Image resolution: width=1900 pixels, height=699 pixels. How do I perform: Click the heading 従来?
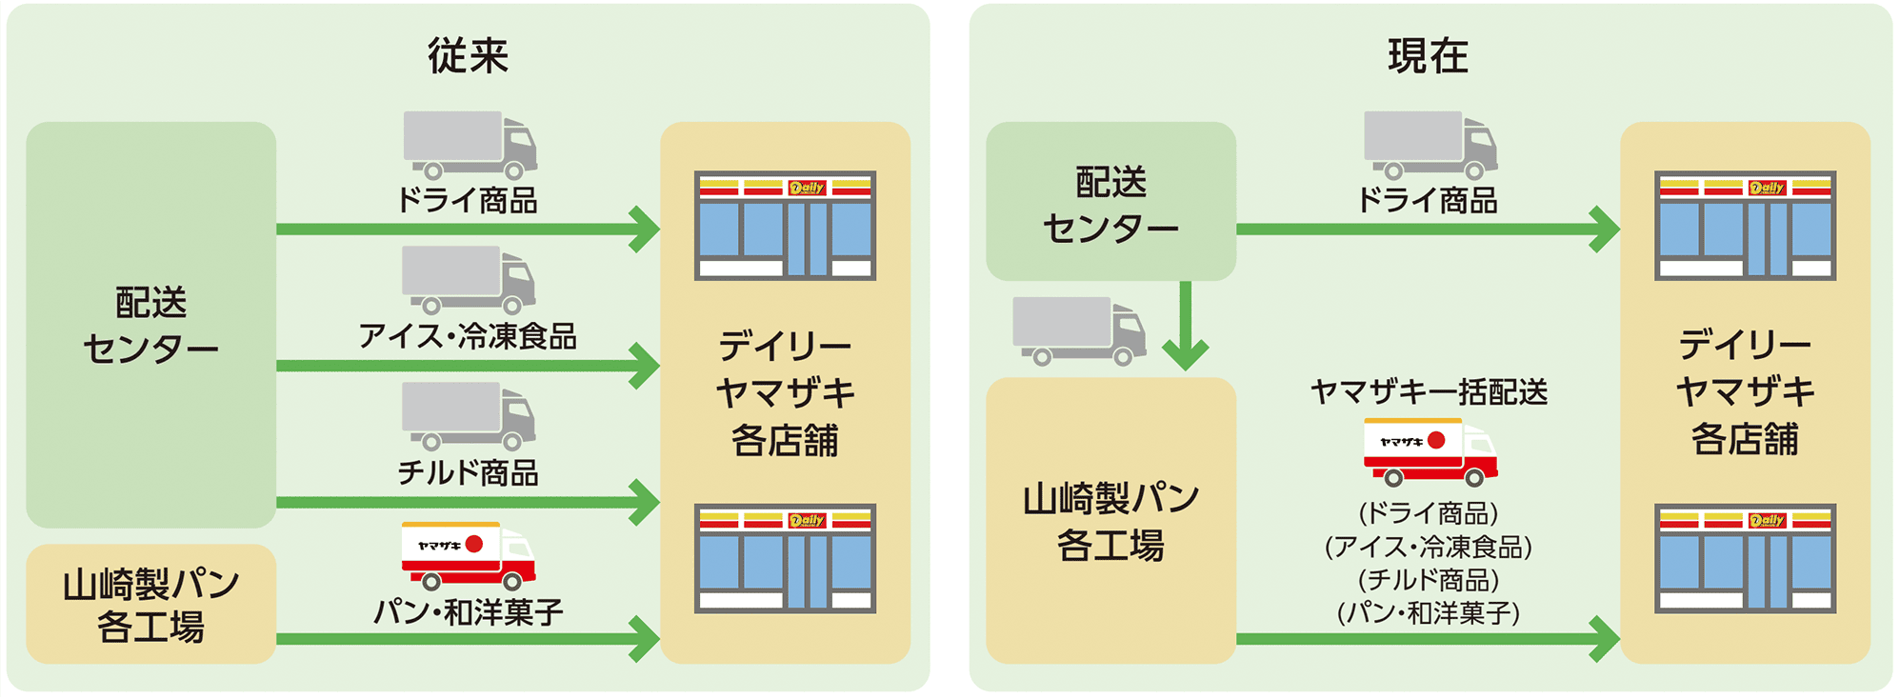468,56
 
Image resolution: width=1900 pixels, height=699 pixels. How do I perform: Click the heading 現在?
1428,56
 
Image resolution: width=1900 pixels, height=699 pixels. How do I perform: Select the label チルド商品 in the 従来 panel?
468,472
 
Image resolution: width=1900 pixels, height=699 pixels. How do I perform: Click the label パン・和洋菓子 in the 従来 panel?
468,611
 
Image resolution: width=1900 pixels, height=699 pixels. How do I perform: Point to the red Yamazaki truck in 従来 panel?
468,555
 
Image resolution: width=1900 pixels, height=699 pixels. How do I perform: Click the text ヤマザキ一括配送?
1429,391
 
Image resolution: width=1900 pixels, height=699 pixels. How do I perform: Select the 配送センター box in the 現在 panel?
1110,202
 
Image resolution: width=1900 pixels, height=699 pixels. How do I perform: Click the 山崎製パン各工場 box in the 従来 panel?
150,604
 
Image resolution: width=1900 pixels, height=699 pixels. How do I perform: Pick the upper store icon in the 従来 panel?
785,226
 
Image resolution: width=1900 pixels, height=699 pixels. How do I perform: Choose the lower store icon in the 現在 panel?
1745,558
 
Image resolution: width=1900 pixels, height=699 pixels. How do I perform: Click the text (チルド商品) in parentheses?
1429,580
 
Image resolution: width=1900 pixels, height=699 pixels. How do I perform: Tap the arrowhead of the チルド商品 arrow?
647,502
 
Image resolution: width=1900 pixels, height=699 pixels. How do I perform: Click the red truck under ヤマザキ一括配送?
1429,451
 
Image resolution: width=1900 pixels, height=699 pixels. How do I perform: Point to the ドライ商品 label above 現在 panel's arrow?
1428,200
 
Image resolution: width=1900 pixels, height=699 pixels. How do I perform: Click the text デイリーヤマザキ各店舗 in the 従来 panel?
785,392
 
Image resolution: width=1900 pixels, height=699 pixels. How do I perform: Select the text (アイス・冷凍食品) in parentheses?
1429,547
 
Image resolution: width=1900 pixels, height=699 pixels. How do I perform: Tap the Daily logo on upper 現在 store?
1767,188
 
